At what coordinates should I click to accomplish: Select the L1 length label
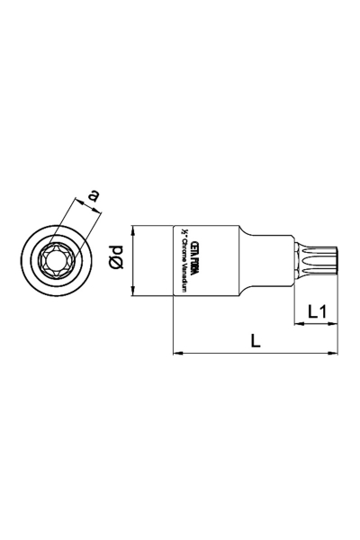[x=317, y=311]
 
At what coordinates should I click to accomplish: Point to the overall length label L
[x=256, y=341]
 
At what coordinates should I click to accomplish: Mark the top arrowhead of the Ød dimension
[x=133, y=228]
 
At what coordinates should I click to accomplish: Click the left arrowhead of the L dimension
[x=175, y=352]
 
